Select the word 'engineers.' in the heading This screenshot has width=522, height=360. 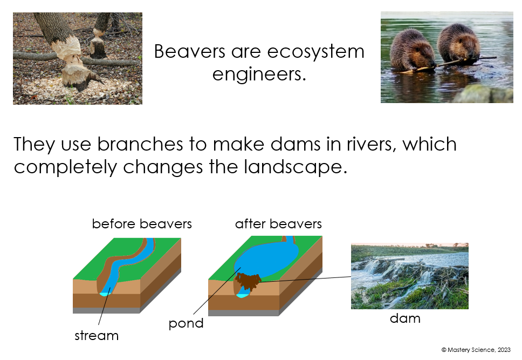point(259,74)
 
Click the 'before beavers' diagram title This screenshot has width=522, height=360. point(142,223)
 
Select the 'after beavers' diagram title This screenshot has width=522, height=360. point(278,223)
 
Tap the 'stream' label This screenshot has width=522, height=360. point(97,336)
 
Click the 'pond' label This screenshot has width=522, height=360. point(186,323)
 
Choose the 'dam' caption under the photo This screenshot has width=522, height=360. point(405,318)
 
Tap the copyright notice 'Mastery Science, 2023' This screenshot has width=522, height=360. point(476,350)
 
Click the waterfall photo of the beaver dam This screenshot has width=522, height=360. point(409,276)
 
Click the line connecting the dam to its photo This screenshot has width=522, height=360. point(307,279)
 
